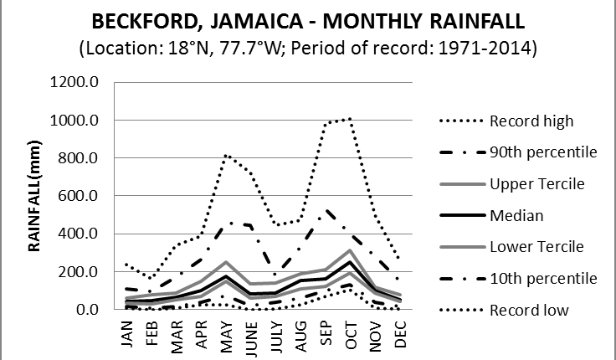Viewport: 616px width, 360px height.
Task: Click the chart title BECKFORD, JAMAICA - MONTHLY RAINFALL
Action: coord(308,20)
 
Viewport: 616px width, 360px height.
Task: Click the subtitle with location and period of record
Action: coord(308,49)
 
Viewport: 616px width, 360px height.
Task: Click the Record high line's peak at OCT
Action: coord(347,119)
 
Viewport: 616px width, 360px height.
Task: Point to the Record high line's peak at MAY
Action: coord(226,156)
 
